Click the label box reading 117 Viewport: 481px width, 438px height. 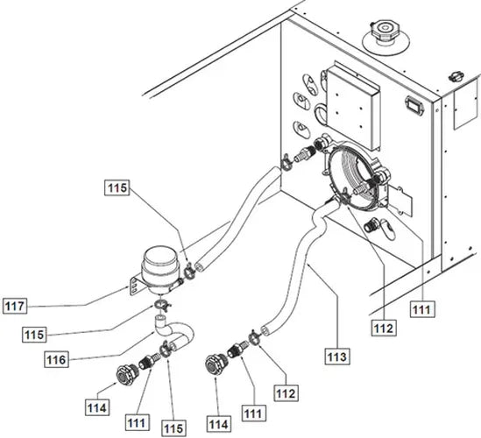pos(15,306)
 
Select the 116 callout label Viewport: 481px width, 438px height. pos(56,359)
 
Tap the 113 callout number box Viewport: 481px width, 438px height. pos(337,357)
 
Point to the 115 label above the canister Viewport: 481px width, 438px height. pos(117,187)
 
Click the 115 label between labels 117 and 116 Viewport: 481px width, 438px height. pos(34,335)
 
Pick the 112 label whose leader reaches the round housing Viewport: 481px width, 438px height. pos(384,328)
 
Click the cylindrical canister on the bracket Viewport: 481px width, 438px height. pos(159,267)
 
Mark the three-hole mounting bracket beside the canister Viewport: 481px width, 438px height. pos(135,286)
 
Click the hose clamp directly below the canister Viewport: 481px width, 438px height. pos(159,305)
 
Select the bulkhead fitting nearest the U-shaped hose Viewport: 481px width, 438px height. pos(125,372)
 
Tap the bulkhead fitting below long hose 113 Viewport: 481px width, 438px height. pos(214,364)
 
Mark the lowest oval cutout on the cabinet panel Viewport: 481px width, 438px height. pos(301,128)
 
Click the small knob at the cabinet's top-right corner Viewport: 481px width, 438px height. pos(456,76)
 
